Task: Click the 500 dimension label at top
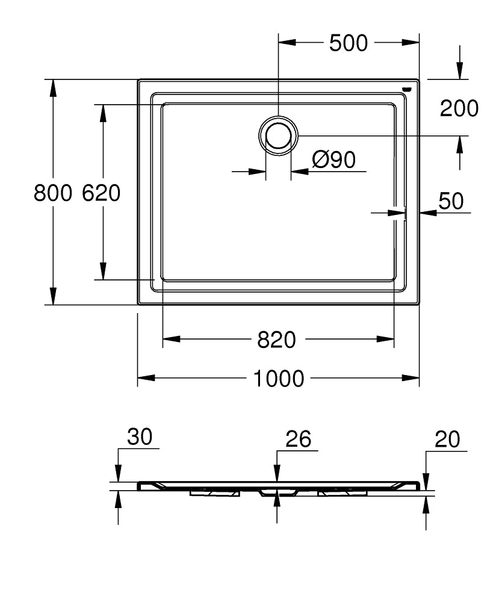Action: (348, 43)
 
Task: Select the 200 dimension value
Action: (459, 108)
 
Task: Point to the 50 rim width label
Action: (451, 201)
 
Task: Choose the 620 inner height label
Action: (101, 193)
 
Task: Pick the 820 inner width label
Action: (277, 340)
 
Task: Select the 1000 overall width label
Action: (278, 379)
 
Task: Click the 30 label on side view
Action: (140, 438)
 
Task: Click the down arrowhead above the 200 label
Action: (460, 71)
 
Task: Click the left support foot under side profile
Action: (215, 493)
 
